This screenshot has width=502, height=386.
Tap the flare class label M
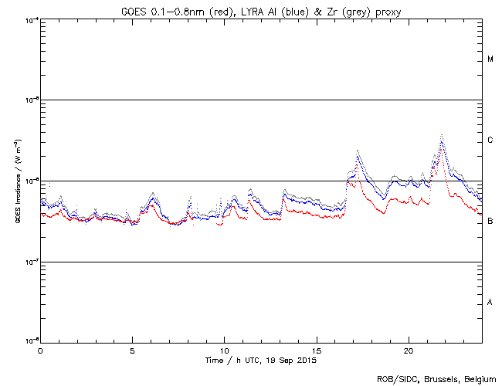[490, 59]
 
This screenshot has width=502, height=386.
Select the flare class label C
[490, 141]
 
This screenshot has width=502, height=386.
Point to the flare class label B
[490, 222]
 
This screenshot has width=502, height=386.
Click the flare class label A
[490, 303]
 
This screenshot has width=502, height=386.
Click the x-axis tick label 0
[40, 350]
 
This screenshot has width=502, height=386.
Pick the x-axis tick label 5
[132, 350]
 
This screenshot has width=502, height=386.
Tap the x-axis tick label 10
[224, 350]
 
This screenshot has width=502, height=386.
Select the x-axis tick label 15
[317, 350]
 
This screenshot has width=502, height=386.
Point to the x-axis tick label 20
[409, 350]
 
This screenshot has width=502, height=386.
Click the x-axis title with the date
[261, 361]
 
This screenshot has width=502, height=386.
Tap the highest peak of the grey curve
[441, 135]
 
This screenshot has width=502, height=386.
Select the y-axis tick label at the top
[29, 20]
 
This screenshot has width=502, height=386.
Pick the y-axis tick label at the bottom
[29, 340]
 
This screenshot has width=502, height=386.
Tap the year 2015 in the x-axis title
[307, 361]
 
